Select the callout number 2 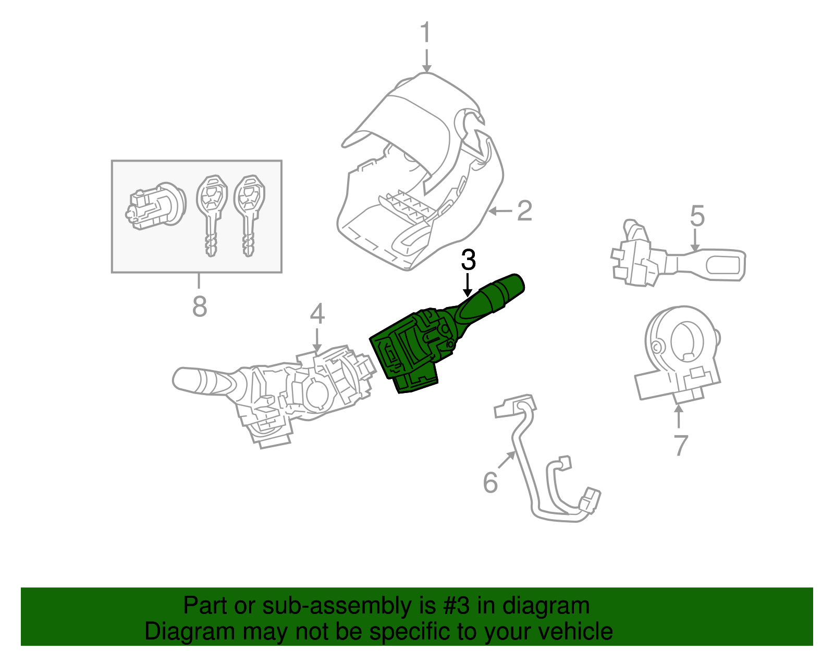[524, 211]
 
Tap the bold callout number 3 [468, 260]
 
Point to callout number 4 [317, 314]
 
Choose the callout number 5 [697, 216]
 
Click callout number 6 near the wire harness [490, 482]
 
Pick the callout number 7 [680, 445]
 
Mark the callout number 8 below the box [200, 306]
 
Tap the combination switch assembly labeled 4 [276, 391]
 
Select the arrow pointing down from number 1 [426, 61]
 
